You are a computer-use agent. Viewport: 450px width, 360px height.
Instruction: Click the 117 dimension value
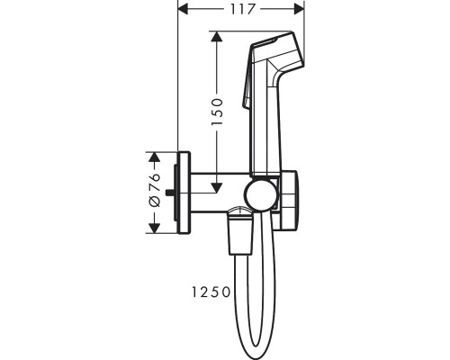(243, 9)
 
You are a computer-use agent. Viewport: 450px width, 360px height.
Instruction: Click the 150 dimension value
(217, 112)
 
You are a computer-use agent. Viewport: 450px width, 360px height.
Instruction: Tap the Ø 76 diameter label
(155, 190)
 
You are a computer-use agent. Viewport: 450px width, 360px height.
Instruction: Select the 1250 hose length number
(211, 292)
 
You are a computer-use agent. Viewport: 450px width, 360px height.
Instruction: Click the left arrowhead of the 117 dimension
(183, 9)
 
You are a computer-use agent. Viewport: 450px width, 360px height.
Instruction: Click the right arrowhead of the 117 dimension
(300, 9)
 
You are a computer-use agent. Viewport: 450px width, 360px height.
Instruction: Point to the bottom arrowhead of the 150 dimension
(217, 187)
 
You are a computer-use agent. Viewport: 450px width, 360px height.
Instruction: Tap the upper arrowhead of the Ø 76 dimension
(154, 157)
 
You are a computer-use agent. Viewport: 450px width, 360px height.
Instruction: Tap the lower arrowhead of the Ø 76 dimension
(154, 228)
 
